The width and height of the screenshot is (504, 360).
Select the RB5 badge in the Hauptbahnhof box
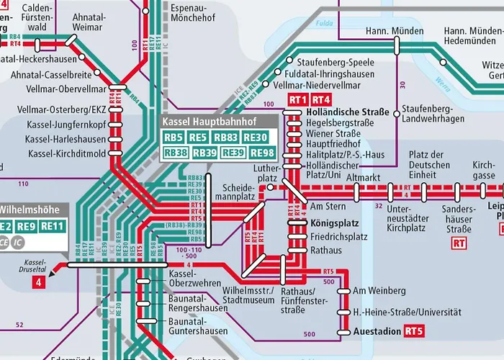click(174, 138)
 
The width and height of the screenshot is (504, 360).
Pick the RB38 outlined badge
click(175, 153)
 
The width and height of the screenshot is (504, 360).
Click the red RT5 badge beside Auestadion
click(413, 332)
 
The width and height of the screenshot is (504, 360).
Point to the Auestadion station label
click(377, 333)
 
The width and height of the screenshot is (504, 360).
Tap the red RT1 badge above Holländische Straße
click(297, 99)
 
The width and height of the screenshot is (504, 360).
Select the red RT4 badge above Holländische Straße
click(321, 99)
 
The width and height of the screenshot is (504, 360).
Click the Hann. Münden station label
click(393, 32)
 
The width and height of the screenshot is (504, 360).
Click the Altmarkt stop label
click(362, 176)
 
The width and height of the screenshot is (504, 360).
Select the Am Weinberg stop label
click(379, 291)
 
